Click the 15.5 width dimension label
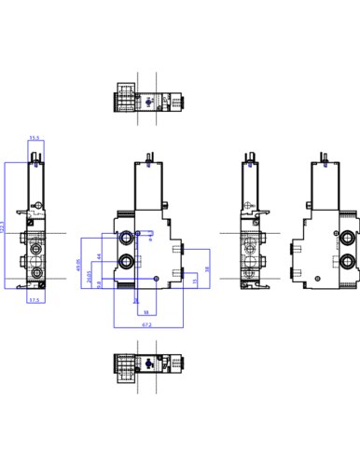(x=35, y=138)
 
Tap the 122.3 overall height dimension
(x=4, y=227)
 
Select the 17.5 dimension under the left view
(x=34, y=302)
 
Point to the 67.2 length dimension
(x=146, y=325)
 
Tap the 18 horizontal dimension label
(x=147, y=314)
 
